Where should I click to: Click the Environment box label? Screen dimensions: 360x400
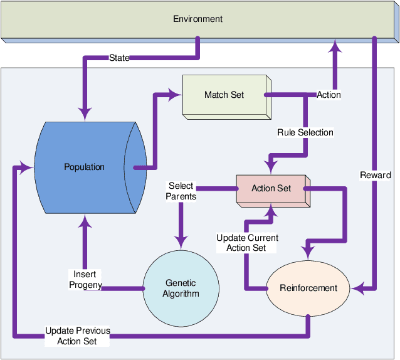(197, 19)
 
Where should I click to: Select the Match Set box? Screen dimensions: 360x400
(224, 95)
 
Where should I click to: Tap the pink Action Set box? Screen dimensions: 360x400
(271, 188)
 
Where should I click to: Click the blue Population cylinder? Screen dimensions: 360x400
(85, 167)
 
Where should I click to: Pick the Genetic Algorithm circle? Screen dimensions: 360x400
(181, 289)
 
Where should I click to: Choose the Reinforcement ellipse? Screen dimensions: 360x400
(308, 289)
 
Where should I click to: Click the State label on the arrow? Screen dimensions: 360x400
(119, 58)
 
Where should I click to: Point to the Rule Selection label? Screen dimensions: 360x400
(305, 132)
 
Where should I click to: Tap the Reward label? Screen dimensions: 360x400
(375, 175)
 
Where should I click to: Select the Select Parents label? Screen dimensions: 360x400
(181, 191)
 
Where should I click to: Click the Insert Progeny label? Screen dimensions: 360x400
(85, 280)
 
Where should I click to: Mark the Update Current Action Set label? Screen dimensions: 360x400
(247, 243)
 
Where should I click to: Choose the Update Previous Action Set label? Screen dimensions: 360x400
(77, 336)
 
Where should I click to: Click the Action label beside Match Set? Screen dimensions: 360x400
(329, 95)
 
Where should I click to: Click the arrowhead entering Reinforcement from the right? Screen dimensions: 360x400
(358, 289)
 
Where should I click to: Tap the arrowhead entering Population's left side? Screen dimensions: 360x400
(26, 167)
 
